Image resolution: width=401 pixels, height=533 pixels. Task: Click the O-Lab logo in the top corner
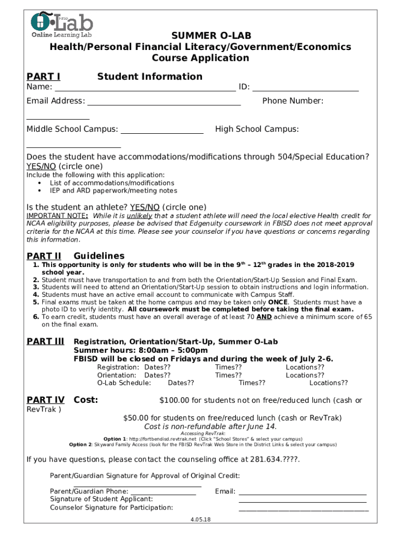click(x=61, y=24)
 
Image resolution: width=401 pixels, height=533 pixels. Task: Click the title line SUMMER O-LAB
click(x=200, y=35)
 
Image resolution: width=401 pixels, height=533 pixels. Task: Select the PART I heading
click(x=43, y=77)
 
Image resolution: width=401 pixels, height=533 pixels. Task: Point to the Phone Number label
click(x=293, y=101)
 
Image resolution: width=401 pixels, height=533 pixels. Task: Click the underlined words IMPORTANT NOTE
click(x=57, y=216)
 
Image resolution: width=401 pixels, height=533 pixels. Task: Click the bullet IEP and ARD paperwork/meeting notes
click(x=113, y=191)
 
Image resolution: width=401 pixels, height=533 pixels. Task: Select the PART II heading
click(x=44, y=256)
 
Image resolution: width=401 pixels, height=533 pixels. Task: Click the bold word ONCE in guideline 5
click(x=277, y=302)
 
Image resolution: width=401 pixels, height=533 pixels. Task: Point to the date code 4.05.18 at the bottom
click(x=200, y=519)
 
